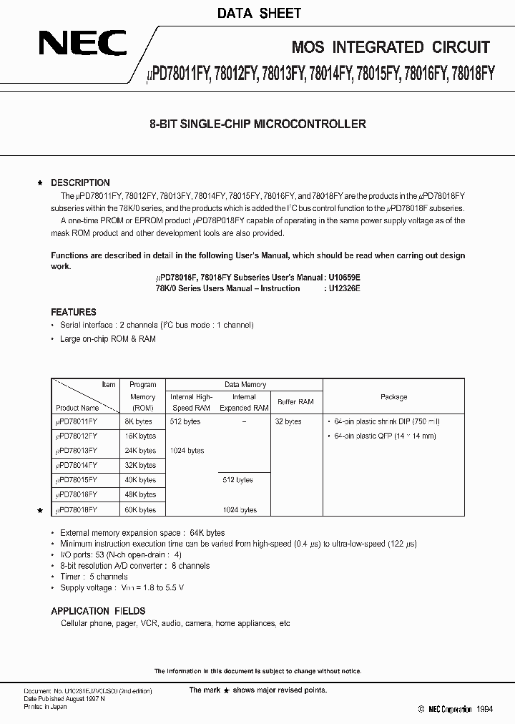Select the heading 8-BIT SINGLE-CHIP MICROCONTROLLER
coord(257,124)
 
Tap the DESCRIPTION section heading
coord(80,182)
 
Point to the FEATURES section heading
coord(74,312)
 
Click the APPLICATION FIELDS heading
coord(98,611)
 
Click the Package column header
coord(393,396)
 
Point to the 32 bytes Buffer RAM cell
coord(288,421)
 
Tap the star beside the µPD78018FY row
coord(41,510)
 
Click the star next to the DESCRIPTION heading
coord(41,183)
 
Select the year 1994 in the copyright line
coord(484,709)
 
